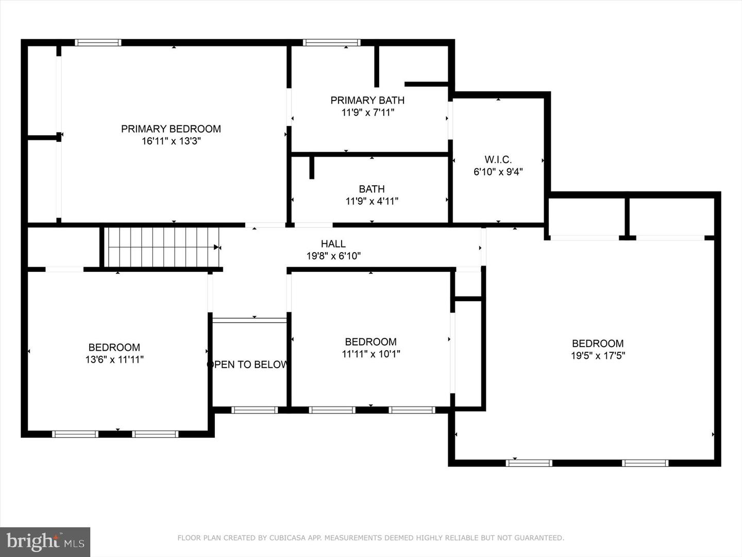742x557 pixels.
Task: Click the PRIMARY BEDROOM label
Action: [x=171, y=129]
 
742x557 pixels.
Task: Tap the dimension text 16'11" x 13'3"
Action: [x=171, y=141]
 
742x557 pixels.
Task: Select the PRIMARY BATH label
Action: [x=367, y=100]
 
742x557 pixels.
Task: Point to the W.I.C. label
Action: [x=498, y=159]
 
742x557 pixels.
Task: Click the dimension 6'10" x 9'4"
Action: [x=498, y=172]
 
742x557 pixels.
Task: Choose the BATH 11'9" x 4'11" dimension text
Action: [x=372, y=201]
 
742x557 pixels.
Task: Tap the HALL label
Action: [x=333, y=243]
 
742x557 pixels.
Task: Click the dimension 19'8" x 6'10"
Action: [x=333, y=256]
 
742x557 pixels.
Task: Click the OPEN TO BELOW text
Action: [x=248, y=365]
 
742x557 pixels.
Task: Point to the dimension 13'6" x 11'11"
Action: [x=114, y=359]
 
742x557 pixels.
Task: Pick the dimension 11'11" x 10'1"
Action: [x=370, y=354]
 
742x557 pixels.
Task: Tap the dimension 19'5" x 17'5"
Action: [x=597, y=355]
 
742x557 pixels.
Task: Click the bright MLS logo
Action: [x=45, y=542]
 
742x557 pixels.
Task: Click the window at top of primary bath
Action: [x=331, y=43]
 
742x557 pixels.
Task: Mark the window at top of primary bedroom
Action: [x=98, y=43]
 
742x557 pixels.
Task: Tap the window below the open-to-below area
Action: [x=255, y=410]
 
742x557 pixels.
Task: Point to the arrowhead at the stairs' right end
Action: [x=217, y=248]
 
